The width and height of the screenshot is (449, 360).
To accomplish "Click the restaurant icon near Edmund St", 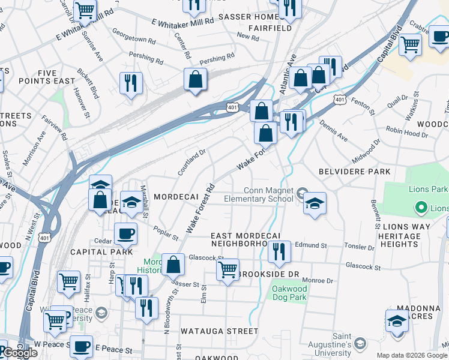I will click(x=279, y=251).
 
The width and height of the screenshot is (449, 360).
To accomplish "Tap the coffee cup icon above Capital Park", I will click(x=125, y=233).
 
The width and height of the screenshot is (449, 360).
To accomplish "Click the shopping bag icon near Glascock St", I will click(x=173, y=264).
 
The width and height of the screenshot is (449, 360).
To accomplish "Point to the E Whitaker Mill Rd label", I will click(x=183, y=22).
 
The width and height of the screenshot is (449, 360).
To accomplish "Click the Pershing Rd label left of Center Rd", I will click(x=146, y=61).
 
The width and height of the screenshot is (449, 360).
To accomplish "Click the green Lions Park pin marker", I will click(x=421, y=208).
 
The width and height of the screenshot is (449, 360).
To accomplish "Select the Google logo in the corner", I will click(x=20, y=353).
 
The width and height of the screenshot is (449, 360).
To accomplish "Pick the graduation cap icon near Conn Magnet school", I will click(x=314, y=203).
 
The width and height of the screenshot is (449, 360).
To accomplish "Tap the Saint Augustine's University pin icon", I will click(x=360, y=343).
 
